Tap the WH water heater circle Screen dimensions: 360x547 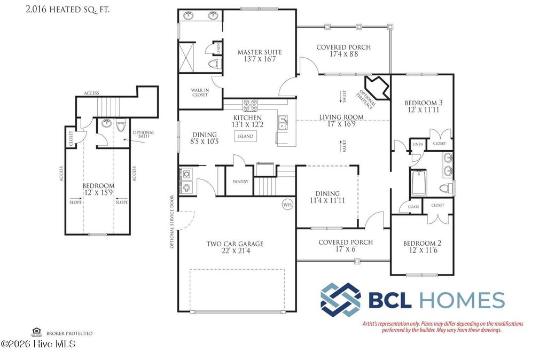click(287, 204)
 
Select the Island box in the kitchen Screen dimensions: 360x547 click(246, 136)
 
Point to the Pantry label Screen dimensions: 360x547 click(240, 182)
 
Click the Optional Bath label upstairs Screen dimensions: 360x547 click(143, 135)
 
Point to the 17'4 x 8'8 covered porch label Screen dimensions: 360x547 click(343, 51)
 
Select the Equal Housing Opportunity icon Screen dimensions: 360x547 click(37, 332)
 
